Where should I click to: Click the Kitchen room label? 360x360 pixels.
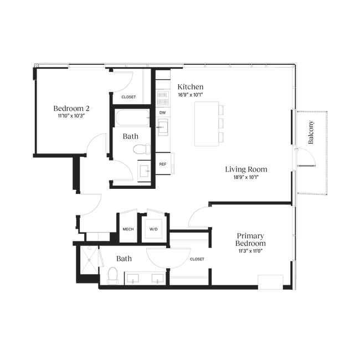[x=191, y=87]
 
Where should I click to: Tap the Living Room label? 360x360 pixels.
[x=246, y=169]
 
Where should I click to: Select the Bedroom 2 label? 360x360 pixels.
[x=71, y=109]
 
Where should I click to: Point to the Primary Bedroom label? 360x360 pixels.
[x=250, y=239]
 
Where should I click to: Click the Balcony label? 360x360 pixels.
[x=311, y=132]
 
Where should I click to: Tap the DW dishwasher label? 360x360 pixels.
[x=162, y=112]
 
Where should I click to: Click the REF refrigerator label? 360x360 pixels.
[x=163, y=164]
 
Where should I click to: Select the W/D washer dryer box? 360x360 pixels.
[x=153, y=229]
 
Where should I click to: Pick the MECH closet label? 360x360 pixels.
[x=128, y=229]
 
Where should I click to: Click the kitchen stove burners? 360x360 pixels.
[x=162, y=98]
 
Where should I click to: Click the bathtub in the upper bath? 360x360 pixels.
[x=132, y=118]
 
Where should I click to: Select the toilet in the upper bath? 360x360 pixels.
[x=141, y=149]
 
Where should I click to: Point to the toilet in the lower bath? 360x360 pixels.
[x=113, y=276]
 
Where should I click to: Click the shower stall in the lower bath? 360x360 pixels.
[x=89, y=260]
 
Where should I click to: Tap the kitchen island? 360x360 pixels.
[x=207, y=124]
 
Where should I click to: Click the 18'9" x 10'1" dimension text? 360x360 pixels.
[x=246, y=177]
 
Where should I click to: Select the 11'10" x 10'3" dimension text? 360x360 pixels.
[x=71, y=116]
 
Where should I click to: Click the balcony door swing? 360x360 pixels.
[x=307, y=157]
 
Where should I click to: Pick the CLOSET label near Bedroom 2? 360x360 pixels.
[x=128, y=97]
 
